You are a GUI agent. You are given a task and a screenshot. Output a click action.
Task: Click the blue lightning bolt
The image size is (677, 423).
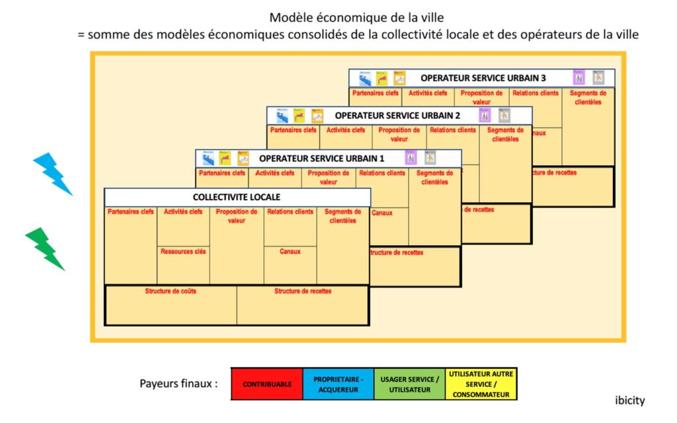pos(53,173)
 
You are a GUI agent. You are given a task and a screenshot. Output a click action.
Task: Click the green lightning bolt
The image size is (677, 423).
pos(45,249)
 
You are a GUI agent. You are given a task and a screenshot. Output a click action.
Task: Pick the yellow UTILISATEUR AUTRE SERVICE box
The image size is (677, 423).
pos(481,384)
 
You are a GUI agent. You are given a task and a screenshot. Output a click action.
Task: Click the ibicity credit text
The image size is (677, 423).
pos(629,401)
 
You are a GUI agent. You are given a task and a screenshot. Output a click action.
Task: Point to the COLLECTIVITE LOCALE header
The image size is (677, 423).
pos(237,197)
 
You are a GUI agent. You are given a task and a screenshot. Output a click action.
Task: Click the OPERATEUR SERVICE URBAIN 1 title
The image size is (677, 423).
pos(321,159)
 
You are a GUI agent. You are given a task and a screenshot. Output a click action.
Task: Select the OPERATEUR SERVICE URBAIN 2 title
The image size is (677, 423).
pos(397,116)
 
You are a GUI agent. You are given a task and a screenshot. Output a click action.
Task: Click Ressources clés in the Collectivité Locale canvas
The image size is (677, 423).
pos(183,252)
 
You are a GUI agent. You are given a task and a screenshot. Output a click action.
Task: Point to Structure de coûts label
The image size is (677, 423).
pos(171,291)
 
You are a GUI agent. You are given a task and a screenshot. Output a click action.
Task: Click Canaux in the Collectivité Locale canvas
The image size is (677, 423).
pos(290,252)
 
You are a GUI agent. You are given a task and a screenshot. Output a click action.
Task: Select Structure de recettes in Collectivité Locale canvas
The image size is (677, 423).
pos(303,291)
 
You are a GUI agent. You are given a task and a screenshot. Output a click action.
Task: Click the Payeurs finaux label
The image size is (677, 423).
pos(179,383)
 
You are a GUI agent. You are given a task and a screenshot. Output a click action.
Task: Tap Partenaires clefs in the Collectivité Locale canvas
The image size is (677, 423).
pos(130,212)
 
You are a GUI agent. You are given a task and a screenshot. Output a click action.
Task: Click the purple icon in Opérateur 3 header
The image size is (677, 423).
pos(579,78)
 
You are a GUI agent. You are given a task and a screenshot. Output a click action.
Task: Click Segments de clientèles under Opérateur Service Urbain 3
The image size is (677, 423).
pos(588,98)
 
